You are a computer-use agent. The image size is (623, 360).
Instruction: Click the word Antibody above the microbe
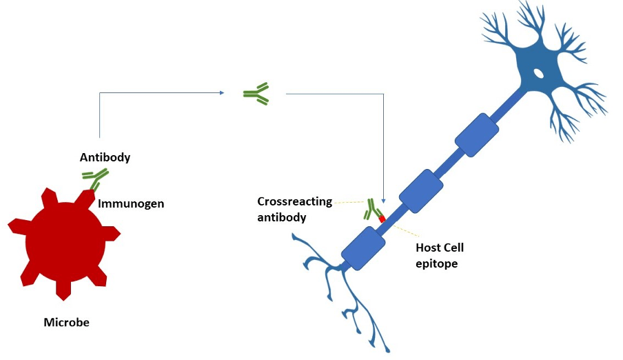point(105,157)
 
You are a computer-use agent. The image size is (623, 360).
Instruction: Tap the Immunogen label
point(131,204)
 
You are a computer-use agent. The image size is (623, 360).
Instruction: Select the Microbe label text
point(66,322)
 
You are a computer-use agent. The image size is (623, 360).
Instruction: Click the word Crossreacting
point(294,201)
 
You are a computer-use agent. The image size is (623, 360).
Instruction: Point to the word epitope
point(437,263)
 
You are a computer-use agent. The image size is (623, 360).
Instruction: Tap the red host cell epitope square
point(382,219)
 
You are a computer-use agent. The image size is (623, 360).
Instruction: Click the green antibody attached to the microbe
point(94,179)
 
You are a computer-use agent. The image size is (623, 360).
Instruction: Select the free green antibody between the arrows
point(256,93)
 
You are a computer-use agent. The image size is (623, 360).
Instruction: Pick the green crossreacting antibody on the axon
point(374,210)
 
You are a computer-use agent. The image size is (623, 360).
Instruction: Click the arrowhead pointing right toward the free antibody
point(221,93)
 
